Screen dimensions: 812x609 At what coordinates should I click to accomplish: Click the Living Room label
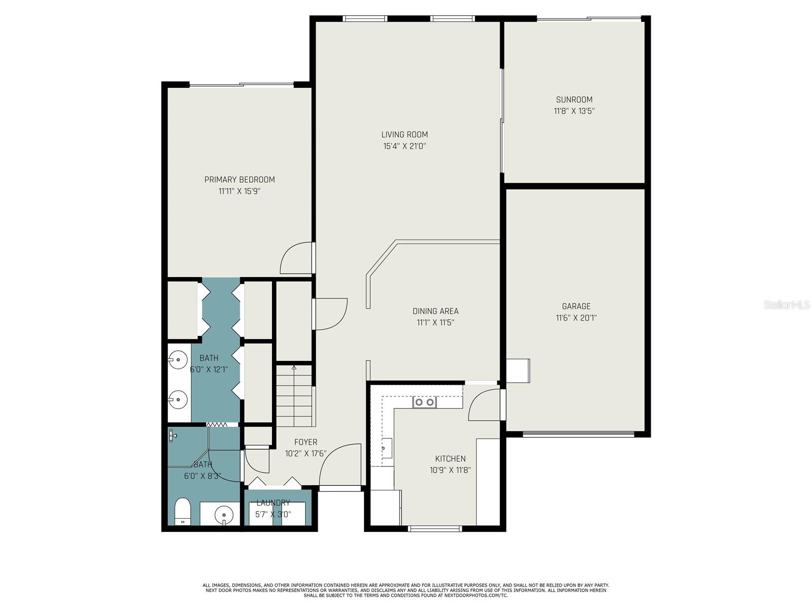[x=404, y=134]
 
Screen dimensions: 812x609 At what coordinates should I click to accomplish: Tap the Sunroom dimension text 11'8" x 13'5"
[x=574, y=111]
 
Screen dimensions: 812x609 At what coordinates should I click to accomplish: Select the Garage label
[x=576, y=306]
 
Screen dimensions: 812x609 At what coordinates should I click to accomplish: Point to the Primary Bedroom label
[x=240, y=180]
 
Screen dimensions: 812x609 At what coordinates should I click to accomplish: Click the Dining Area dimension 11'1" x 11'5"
[x=435, y=322]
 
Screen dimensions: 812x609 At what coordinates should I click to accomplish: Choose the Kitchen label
[x=450, y=459]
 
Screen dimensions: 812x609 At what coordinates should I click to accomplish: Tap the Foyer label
[x=306, y=442]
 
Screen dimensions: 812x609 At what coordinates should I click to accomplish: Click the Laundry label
[x=273, y=503]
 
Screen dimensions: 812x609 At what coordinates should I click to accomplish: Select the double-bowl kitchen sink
[x=424, y=402]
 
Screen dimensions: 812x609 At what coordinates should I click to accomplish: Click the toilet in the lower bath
[x=182, y=512]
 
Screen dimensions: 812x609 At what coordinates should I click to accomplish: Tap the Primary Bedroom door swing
[x=295, y=258]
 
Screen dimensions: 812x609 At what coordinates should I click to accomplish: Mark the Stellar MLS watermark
[x=787, y=305]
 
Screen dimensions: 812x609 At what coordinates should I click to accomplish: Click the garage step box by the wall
[x=518, y=371]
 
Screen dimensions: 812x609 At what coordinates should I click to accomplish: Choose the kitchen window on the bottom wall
[x=434, y=529]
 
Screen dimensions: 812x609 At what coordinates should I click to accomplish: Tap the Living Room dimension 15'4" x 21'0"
[x=404, y=147]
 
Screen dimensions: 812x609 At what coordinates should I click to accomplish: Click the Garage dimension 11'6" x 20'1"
[x=576, y=318]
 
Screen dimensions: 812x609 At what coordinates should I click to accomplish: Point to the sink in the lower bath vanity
[x=224, y=515]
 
